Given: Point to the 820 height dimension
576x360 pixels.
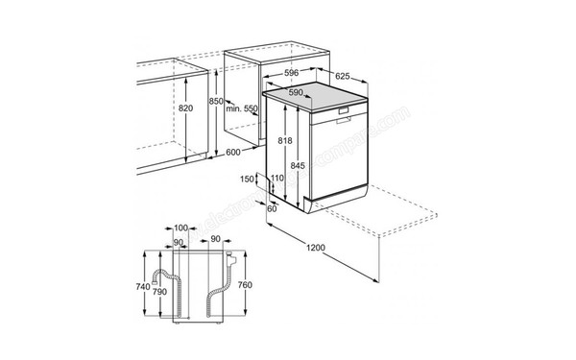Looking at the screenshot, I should pos(186,108).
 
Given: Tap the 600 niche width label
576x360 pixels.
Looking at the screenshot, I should pos(234,152).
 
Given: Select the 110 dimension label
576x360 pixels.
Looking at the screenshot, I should pos(277,180).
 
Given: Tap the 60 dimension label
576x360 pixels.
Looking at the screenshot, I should pos(272,208).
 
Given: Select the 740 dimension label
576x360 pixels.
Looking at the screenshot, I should pos(143,286).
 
